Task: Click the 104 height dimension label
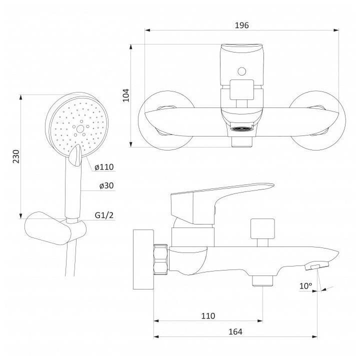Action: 126,95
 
